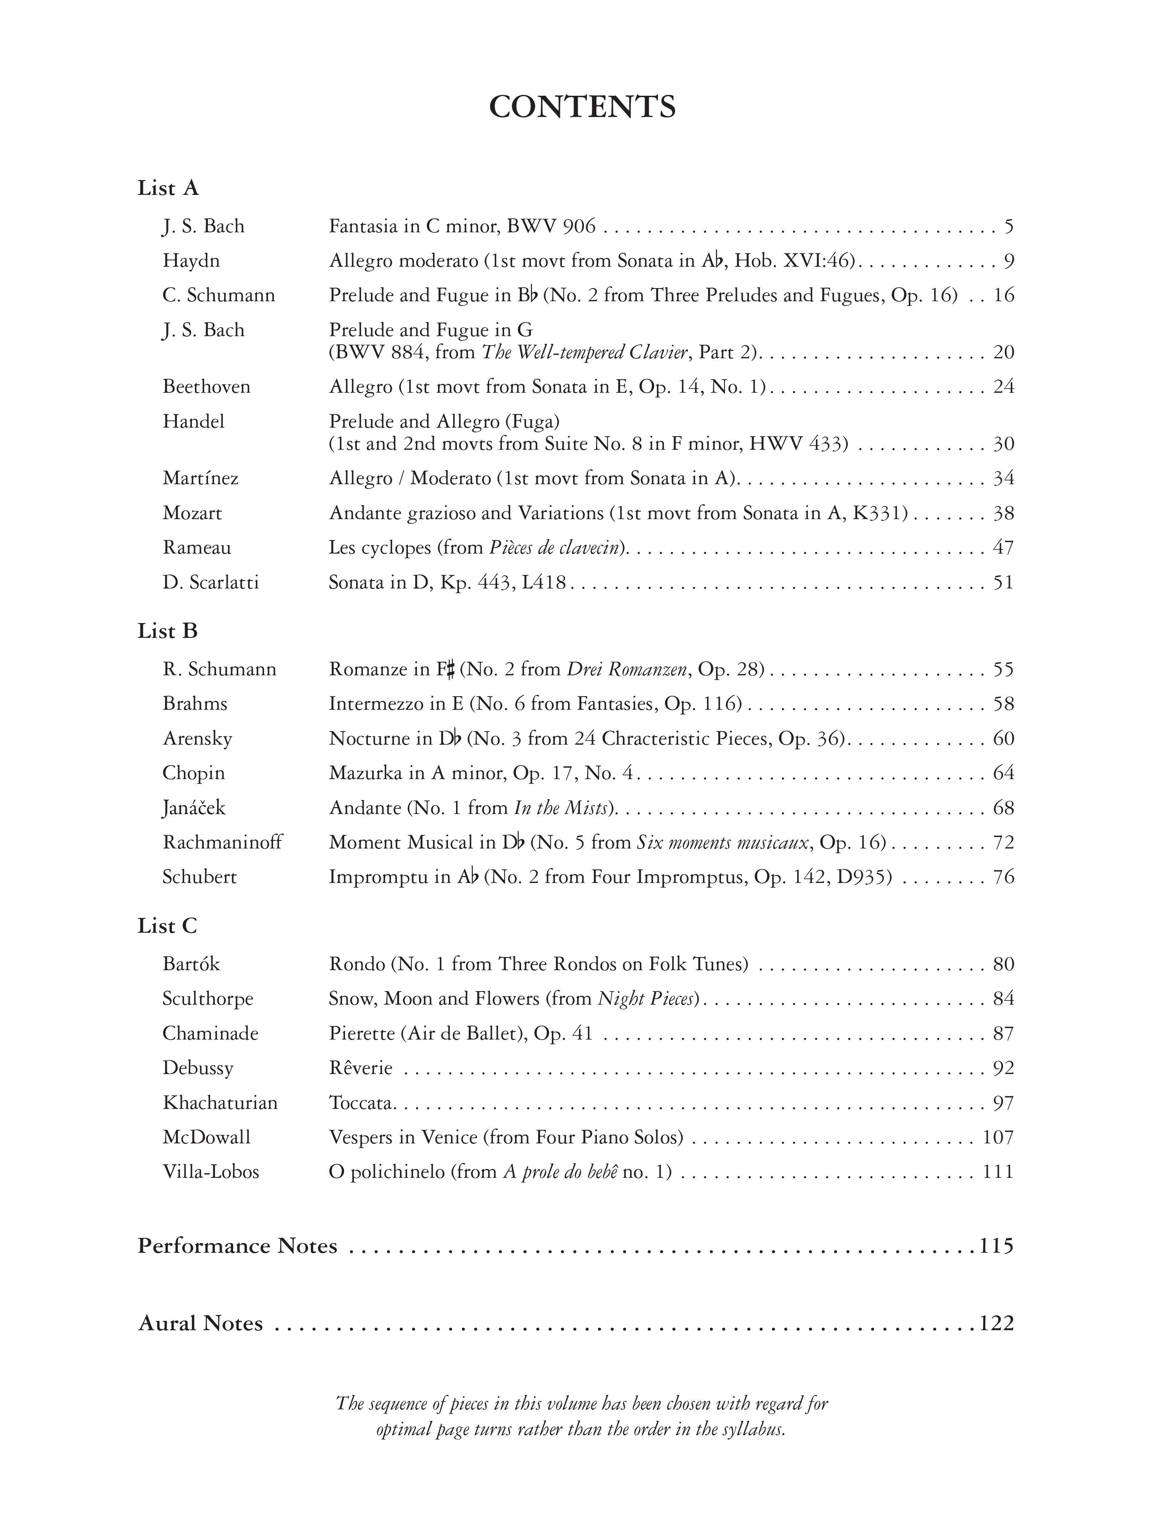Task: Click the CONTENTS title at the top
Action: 582,107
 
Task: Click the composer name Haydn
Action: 191,261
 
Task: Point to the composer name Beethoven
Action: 206,387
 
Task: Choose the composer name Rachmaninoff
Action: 222,842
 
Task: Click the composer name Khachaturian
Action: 220,1102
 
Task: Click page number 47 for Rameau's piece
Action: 1003,548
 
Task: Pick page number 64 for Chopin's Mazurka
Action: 1003,773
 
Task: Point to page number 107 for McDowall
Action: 998,1137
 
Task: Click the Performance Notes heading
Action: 237,1246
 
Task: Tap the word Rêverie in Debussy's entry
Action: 360,1068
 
